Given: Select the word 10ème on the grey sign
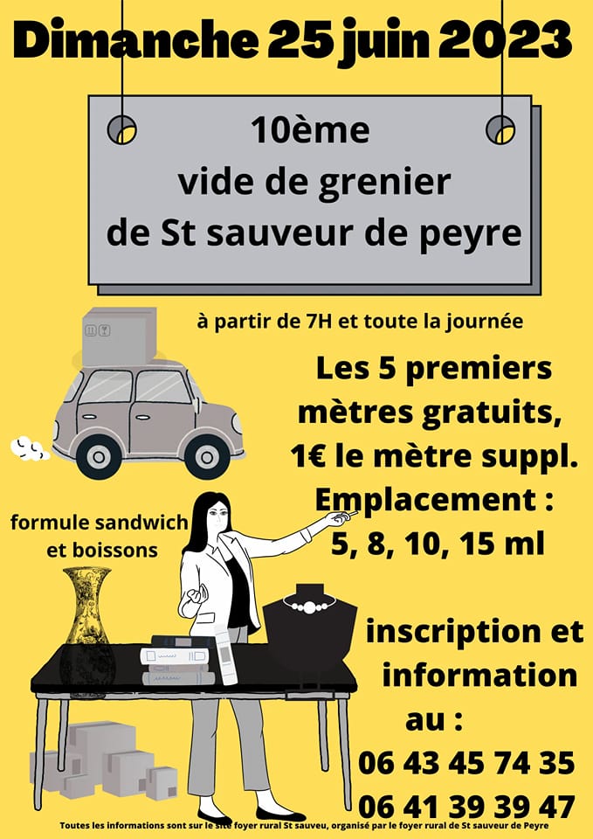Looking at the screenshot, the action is [310, 130].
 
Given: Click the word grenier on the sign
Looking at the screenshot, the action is [384, 183].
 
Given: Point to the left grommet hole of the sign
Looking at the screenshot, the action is [122, 129].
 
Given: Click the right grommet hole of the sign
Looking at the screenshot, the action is [500, 129].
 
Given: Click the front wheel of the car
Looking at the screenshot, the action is [207, 456].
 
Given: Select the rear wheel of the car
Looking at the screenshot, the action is [99, 456].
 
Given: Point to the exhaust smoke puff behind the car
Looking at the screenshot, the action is [29, 449].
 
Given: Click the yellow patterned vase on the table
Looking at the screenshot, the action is [87, 626].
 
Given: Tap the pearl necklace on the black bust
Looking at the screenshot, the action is [310, 605].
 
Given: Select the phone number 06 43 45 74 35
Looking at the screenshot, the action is [466, 763].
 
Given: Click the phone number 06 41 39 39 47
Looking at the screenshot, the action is [466, 808].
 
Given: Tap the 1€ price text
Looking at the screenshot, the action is [307, 456].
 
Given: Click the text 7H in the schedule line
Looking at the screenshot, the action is [340, 322].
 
